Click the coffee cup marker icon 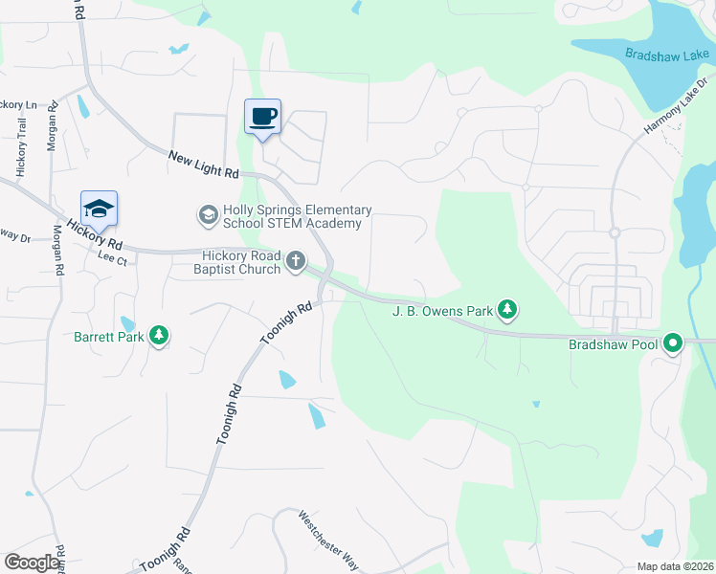263,117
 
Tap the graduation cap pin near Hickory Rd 99,208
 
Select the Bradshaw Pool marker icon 673,342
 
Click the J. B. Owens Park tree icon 508,310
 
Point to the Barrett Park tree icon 159,336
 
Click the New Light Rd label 203,165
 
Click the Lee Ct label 112,256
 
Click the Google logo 31,563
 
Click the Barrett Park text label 110,336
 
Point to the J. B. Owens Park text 442,310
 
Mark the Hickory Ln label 17,104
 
